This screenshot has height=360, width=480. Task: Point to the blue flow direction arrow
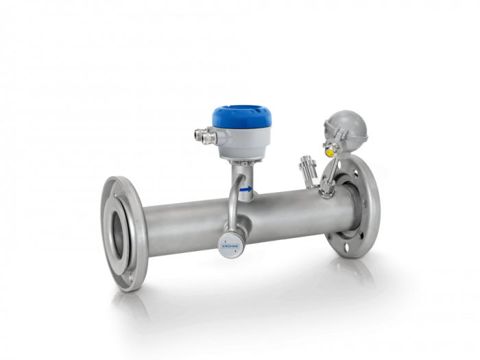[x=245, y=190]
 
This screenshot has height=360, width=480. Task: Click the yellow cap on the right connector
[x=329, y=152]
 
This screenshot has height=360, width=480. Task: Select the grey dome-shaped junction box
[x=346, y=125]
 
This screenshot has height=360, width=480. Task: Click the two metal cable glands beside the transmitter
[x=205, y=135]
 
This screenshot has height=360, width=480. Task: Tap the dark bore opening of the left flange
[x=117, y=232]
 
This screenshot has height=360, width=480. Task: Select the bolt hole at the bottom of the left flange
[x=131, y=278]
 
